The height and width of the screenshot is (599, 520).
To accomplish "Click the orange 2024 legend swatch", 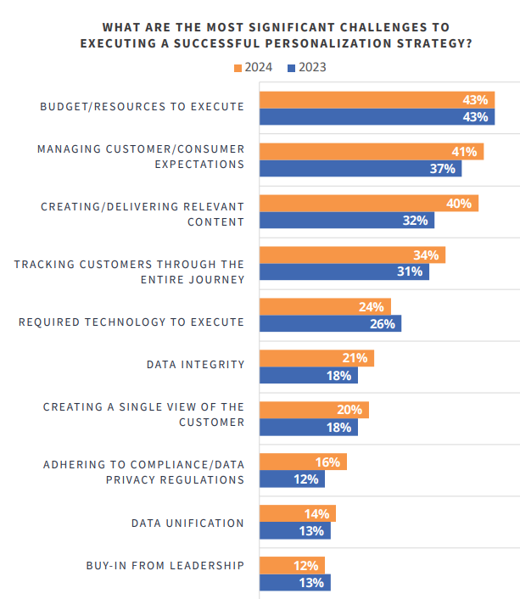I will [x=238, y=68].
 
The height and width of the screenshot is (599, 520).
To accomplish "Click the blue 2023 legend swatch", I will [x=292, y=68].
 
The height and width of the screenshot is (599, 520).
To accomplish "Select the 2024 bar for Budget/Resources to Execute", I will [x=376, y=100].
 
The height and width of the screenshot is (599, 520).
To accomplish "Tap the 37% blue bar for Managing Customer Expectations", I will [x=360, y=169].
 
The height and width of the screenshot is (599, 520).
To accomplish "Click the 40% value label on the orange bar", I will [x=460, y=204].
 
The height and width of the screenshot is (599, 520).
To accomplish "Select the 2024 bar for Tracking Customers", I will [x=351, y=255].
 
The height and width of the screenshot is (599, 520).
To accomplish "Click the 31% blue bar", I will [x=344, y=272].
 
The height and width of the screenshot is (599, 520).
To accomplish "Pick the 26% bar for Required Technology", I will [x=329, y=323].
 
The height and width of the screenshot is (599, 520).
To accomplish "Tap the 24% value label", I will [x=372, y=307].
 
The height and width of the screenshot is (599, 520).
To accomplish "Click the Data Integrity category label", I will [x=195, y=365].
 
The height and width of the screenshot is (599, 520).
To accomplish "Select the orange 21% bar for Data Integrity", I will [x=316, y=359].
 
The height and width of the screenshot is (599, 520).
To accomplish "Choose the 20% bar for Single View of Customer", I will [x=313, y=411].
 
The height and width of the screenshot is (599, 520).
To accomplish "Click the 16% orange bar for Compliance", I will [x=302, y=462].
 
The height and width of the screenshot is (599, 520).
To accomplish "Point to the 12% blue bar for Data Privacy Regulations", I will [x=291, y=479].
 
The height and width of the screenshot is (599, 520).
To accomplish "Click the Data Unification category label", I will [x=187, y=523].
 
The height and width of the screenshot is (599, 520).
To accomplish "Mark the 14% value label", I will [x=317, y=514].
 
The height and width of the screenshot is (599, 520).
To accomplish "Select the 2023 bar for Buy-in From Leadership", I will [x=294, y=583].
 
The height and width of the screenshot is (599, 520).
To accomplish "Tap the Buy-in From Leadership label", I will [x=165, y=566].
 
